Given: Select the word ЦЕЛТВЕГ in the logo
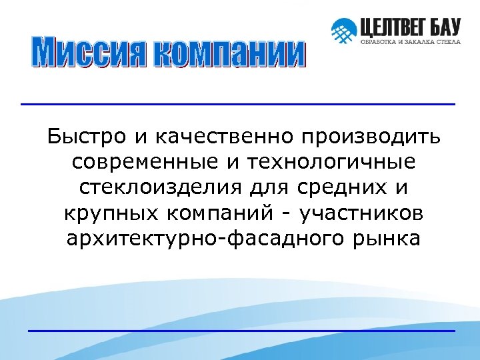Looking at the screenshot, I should [395, 27].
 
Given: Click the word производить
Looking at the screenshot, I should [371, 137].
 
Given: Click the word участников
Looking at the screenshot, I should [361, 213].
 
